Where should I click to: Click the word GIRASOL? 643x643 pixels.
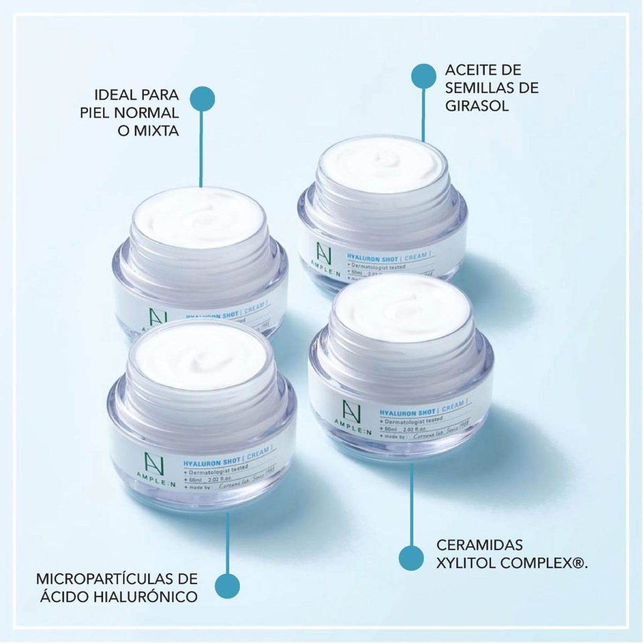tap(476, 106)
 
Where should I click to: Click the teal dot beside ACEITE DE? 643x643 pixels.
tap(423, 76)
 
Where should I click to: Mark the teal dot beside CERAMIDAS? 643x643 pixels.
tap(411, 558)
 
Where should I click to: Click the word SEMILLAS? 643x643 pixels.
tap(491, 88)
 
